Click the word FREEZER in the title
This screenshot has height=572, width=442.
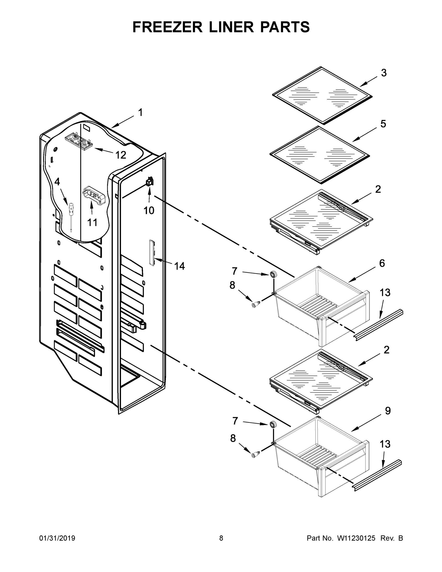click(x=167, y=27)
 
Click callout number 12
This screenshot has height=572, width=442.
click(x=121, y=155)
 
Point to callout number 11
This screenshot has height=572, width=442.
click(x=92, y=223)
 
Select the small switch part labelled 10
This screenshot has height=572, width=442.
click(x=150, y=182)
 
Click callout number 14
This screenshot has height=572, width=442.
click(x=180, y=266)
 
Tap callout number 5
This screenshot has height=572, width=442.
click(x=383, y=124)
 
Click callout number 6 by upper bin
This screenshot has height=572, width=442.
click(x=382, y=263)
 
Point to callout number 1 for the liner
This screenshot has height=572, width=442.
click(x=140, y=113)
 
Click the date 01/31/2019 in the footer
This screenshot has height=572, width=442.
click(x=57, y=538)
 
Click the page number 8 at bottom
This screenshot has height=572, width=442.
click(x=221, y=538)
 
